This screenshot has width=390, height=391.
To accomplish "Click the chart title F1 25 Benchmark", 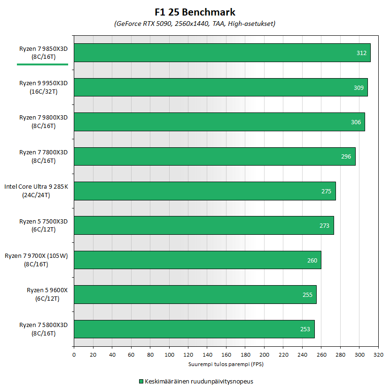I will (x=195, y=12).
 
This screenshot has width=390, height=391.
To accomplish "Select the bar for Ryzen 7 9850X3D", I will (x=222, y=53).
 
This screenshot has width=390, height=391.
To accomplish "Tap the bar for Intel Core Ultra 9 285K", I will (x=204, y=191).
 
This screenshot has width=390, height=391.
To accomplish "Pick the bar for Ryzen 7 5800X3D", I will (x=194, y=329).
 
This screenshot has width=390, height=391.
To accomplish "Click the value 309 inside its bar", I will (x=359, y=88).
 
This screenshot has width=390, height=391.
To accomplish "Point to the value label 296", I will (x=346, y=157).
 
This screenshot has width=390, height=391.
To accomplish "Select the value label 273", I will (x=325, y=226).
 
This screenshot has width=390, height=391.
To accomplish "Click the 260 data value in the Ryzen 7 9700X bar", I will (x=312, y=260).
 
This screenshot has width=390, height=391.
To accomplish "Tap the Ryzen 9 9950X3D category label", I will (x=43, y=88).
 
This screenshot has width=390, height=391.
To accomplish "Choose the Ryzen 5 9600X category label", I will (x=47, y=295).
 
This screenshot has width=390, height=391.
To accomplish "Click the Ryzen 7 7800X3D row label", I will (x=43, y=156).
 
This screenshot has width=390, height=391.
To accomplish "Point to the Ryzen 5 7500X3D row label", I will (x=43, y=225).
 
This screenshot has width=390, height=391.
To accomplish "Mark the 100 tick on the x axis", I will (x=169, y=354).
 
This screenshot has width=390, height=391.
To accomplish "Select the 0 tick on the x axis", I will (x=74, y=354).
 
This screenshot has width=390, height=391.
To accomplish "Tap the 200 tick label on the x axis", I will (x=264, y=354).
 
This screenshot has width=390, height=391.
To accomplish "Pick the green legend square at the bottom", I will (x=141, y=382).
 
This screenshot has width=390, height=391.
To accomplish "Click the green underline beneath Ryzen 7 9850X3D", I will (x=42, y=64).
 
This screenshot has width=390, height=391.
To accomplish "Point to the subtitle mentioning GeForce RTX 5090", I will (x=195, y=24).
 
